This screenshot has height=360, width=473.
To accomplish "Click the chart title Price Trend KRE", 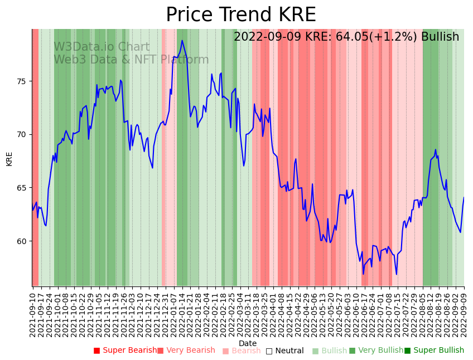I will [x=240, y=15].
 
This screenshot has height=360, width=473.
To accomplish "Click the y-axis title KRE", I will [x=9, y=158].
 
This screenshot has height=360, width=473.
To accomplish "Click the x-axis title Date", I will [x=248, y=343].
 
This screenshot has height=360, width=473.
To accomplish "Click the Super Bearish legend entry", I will [x=125, y=351].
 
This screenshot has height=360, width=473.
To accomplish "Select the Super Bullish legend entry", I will [x=434, y=351].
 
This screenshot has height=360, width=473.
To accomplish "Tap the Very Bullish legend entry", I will [x=376, y=351].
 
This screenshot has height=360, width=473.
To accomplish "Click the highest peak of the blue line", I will [x=182, y=40].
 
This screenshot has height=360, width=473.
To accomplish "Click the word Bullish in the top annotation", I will [x=440, y=37].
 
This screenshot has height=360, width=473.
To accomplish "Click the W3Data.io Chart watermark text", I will [x=102, y=47].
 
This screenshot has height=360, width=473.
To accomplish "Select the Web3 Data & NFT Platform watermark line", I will [x=131, y=60].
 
